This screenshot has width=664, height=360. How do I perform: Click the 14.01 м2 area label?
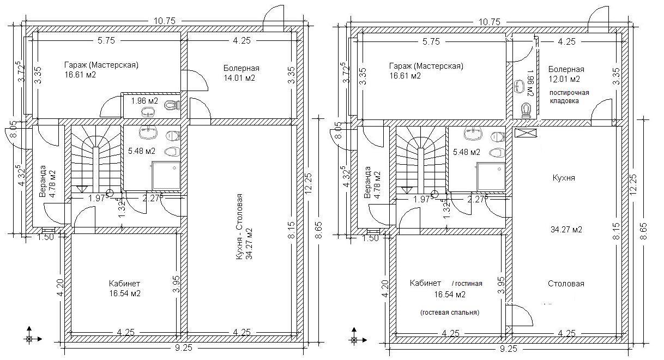coord(239,79)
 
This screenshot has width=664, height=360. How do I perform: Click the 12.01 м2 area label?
coord(564,79)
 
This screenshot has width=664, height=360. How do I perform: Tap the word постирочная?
coord(569,93)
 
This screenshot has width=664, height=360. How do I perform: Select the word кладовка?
coord(564,101)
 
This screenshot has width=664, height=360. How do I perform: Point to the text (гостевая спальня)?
coord(450,313)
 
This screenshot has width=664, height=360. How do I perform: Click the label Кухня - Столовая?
coord(239,227)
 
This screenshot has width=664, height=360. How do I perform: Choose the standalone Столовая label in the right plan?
coord(566,284)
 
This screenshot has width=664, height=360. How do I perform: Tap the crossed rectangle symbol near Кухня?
coord(526,133)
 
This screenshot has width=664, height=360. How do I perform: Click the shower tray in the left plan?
coord(166,176)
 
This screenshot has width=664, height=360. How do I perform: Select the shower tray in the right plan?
coord(491,176)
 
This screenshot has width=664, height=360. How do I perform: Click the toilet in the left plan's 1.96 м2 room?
coord(172,105)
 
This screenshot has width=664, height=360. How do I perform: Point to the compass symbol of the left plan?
coord(29,339)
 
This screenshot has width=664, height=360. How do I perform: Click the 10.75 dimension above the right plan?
coord(490,22)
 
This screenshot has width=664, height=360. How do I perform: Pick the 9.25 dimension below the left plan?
coord(184,347)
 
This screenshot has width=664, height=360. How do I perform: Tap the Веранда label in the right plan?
coord(367,182)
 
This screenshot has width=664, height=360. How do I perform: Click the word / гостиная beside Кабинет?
coord(467,284)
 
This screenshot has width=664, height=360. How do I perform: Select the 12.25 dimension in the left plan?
coord(309,184)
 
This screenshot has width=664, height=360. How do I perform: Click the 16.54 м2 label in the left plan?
coord(125,293)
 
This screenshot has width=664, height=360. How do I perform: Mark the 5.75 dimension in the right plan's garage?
coord(431,41)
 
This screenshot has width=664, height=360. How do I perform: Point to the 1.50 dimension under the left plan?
coord(46,237)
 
